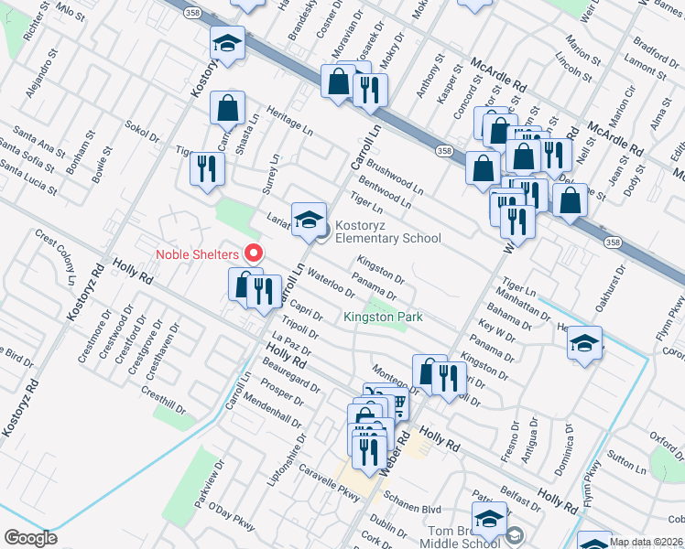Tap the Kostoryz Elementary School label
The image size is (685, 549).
387,231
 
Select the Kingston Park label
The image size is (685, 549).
374,318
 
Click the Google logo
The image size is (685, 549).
30,538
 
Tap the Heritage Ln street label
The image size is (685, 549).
289,115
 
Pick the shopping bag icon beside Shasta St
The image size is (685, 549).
227,108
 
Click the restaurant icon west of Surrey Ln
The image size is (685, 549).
206,168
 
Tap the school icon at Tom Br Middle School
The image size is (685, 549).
491,518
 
